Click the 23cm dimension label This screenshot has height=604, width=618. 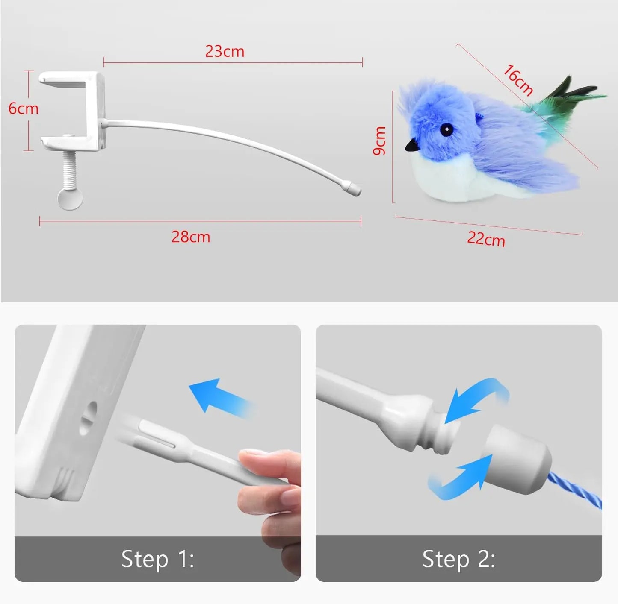point(225,52)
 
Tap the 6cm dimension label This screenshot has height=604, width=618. point(24,108)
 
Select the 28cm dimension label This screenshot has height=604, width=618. point(191,237)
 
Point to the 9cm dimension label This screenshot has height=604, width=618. point(379,141)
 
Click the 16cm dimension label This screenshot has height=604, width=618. point(518,80)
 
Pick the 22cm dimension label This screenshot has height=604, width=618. point(486,239)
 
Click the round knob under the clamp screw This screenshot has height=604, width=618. point(70,198)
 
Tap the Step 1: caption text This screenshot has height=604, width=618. point(157,559)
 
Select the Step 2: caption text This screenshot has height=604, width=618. point(458,559)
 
